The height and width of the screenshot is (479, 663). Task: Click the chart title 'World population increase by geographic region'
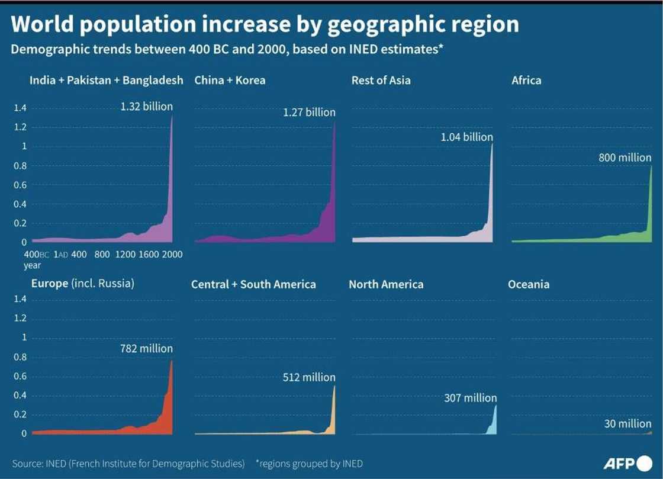pyautogui.click(x=265, y=24)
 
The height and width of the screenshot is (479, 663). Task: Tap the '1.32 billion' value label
pyautogui.click(x=146, y=107)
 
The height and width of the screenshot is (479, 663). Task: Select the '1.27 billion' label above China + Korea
pyautogui.click(x=309, y=112)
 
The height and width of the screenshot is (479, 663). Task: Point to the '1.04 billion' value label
pyautogui.click(x=466, y=137)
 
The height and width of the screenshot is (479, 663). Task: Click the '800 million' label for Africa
pyautogui.click(x=625, y=158)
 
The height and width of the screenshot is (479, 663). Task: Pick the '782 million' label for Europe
pyautogui.click(x=146, y=349)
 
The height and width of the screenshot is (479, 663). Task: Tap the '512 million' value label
pyautogui.click(x=309, y=377)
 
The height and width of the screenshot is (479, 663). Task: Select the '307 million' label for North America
pyautogui.click(x=471, y=398)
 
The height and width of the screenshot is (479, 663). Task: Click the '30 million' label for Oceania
pyautogui.click(x=627, y=423)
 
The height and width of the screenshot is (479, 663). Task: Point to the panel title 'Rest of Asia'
pyautogui.click(x=381, y=80)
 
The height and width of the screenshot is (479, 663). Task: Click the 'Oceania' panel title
pyautogui.click(x=528, y=284)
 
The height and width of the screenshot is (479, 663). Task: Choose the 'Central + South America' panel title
pyautogui.click(x=253, y=284)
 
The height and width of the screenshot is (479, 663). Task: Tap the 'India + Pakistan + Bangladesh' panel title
pyautogui.click(x=107, y=80)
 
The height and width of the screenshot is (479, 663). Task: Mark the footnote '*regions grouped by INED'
pyautogui.click(x=309, y=464)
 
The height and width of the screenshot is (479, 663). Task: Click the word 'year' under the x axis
pyautogui.click(x=32, y=266)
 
